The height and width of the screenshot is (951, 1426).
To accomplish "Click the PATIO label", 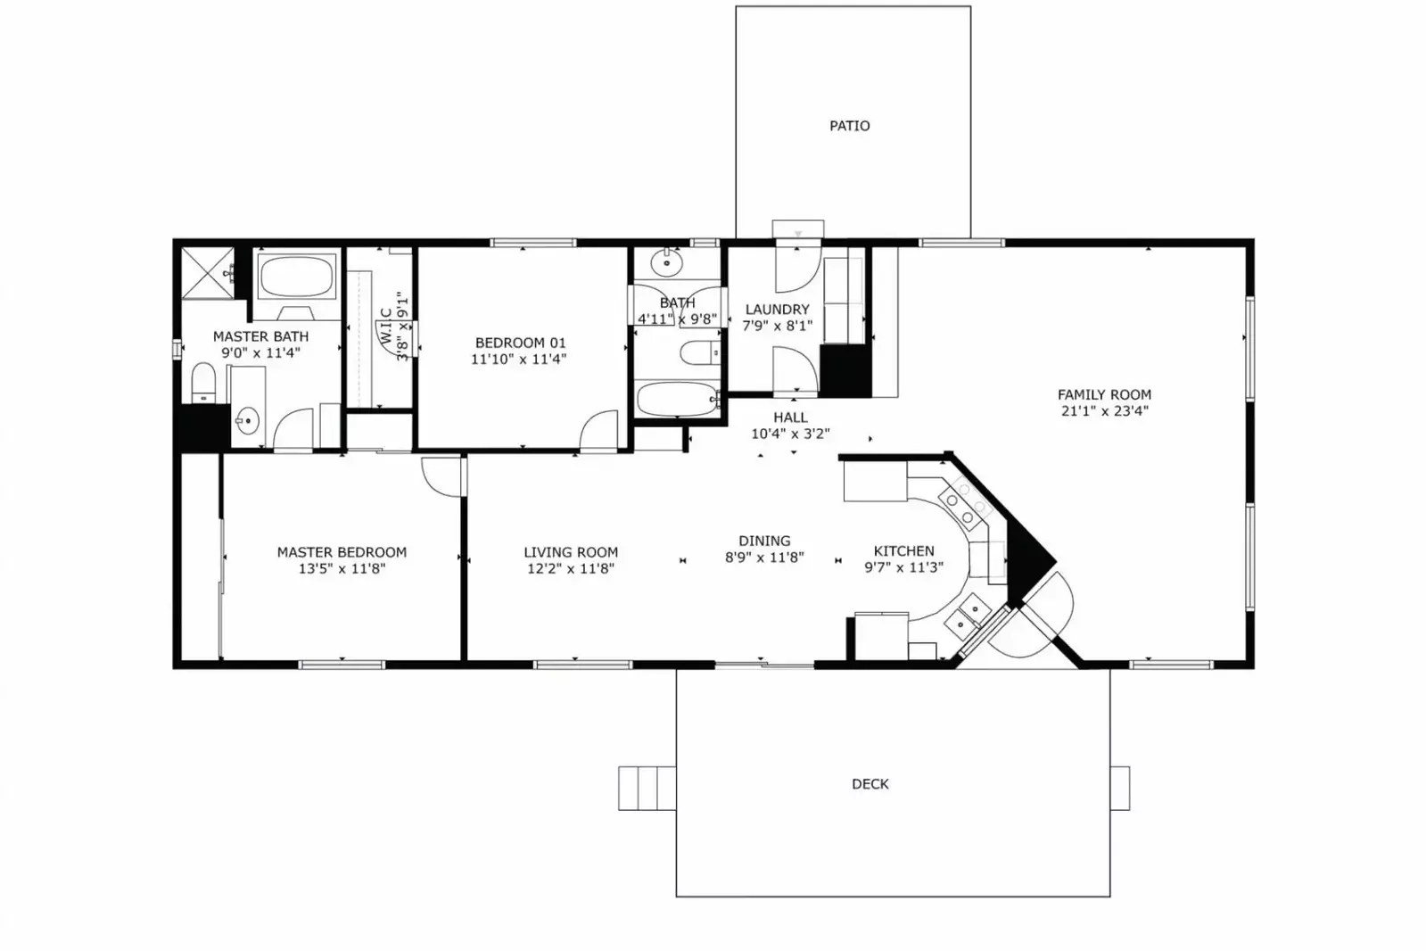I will point(849,126).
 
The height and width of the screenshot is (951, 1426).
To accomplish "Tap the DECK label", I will point(870,784).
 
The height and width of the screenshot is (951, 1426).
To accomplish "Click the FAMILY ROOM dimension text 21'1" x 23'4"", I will point(1104,411).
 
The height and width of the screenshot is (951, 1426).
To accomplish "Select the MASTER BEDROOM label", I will point(342,552).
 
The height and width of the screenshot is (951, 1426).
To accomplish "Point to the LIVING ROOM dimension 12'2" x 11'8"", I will point(570,568).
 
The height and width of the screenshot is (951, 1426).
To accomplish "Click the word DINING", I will point(764,541).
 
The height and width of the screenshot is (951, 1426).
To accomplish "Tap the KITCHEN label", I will point(903,551).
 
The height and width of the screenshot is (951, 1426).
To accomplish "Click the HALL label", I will point(790,418).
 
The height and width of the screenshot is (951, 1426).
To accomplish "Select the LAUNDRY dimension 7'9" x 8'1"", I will point(777,326).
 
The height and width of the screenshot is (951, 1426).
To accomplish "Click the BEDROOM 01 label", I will point(520,343).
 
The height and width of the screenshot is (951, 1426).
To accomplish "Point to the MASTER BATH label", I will point(260,336).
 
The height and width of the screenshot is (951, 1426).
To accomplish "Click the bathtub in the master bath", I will point(296,277).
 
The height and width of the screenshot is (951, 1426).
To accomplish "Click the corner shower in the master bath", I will point(206,273).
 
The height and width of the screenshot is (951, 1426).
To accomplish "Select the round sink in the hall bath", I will point(665,263).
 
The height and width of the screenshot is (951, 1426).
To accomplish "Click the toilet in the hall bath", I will point(698,355).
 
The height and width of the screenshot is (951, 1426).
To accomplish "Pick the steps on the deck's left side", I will point(647,788).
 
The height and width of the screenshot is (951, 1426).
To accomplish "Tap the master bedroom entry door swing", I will point(441,475).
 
